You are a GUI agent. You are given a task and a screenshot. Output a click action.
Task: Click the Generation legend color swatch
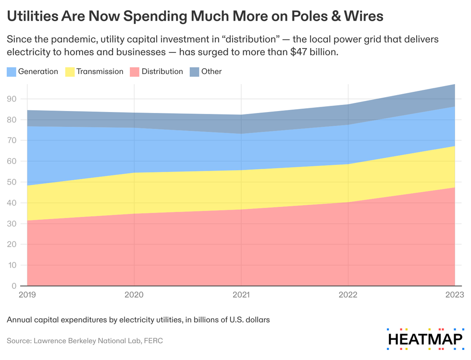[11, 72]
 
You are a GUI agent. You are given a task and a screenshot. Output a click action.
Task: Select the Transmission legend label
[99, 72]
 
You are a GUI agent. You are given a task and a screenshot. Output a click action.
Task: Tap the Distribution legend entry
[162, 72]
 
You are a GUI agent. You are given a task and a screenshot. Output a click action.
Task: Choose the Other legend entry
[211, 72]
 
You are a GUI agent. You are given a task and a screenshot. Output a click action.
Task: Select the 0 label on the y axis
[14, 286]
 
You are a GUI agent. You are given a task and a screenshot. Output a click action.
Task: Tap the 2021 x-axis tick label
[241, 295]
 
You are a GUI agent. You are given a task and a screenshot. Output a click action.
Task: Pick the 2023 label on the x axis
[454, 295]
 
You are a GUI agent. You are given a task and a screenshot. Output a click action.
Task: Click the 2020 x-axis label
[134, 295]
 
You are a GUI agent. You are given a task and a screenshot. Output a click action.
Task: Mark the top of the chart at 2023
[455, 85]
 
